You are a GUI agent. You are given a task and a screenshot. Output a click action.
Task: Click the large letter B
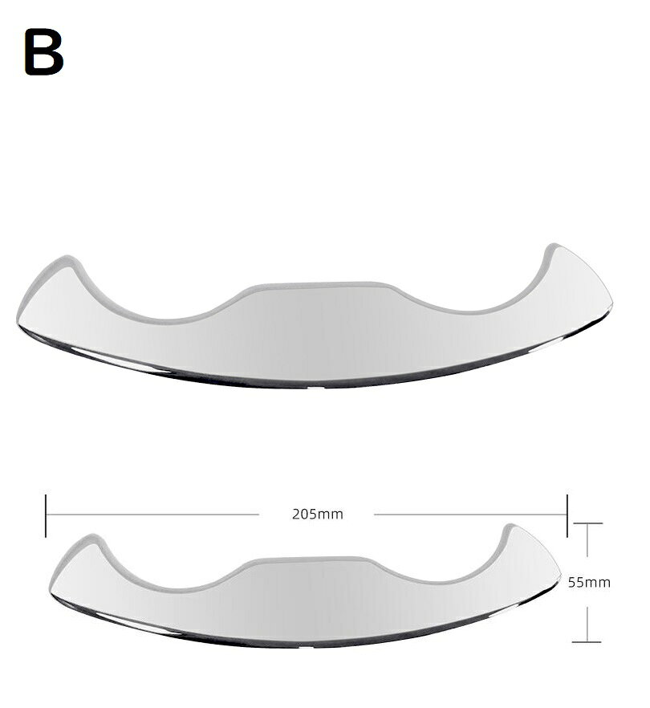click(44, 52)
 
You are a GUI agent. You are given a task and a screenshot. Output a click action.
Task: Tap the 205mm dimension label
click(317, 515)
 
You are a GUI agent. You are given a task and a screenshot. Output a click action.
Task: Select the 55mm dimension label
click(589, 583)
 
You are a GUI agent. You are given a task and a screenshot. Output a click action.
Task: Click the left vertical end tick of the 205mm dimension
click(46, 515)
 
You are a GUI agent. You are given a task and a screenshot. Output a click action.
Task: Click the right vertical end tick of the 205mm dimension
click(567, 515)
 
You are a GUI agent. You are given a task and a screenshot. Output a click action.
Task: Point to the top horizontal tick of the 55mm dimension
click(587, 523)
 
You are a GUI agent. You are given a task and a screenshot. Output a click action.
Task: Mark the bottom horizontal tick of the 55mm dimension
click(587, 641)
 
